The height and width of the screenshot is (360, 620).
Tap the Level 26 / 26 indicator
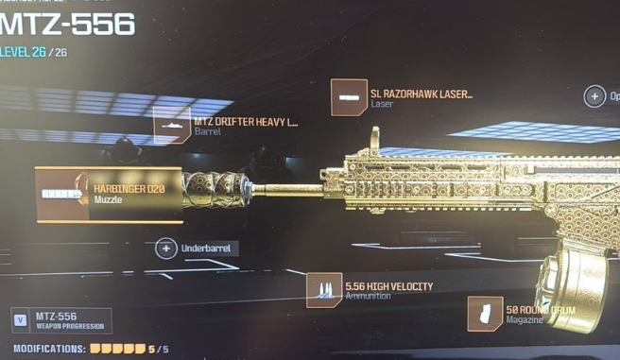click(x=35, y=53)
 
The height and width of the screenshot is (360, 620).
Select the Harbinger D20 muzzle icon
click(x=62, y=194)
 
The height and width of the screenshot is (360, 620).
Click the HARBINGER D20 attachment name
click(x=129, y=189)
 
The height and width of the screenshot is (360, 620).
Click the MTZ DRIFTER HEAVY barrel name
click(x=245, y=122)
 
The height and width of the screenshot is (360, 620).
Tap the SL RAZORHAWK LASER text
click(x=421, y=94)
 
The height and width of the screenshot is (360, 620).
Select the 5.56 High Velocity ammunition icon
click(x=324, y=291)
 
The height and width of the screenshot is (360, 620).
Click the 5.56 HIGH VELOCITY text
click(x=388, y=286)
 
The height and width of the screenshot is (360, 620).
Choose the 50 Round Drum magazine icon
click(x=485, y=315)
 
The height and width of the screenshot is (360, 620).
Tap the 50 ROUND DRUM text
click(x=540, y=310)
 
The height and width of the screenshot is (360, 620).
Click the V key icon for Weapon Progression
click(x=21, y=321)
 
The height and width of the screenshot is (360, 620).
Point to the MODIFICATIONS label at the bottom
click(x=43, y=349)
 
